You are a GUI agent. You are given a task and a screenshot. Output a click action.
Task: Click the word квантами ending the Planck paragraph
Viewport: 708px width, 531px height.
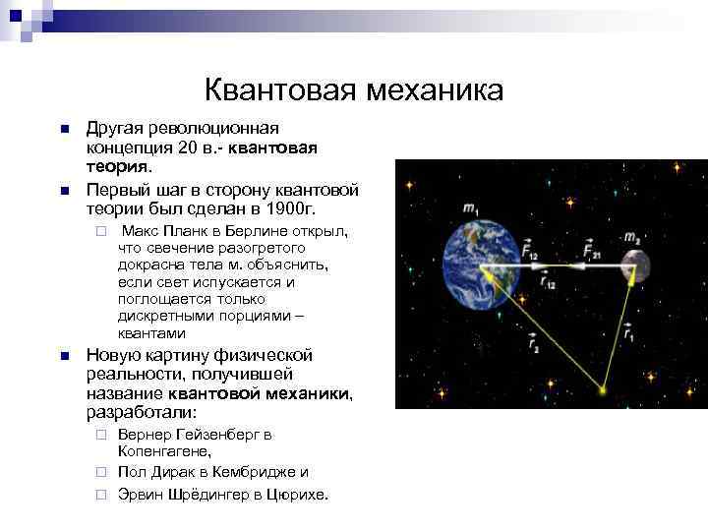(x=151, y=333)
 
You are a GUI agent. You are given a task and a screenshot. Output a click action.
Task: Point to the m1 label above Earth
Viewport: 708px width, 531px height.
(x=471, y=208)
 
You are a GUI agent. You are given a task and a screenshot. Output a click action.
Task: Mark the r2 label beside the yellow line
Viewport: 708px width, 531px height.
(x=531, y=344)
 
